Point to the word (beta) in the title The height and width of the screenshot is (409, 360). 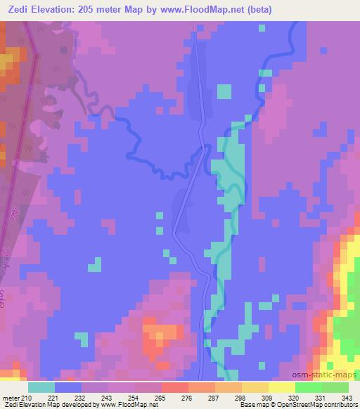[x=261, y=10]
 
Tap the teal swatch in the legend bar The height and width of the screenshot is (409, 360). [x=41, y=387]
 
